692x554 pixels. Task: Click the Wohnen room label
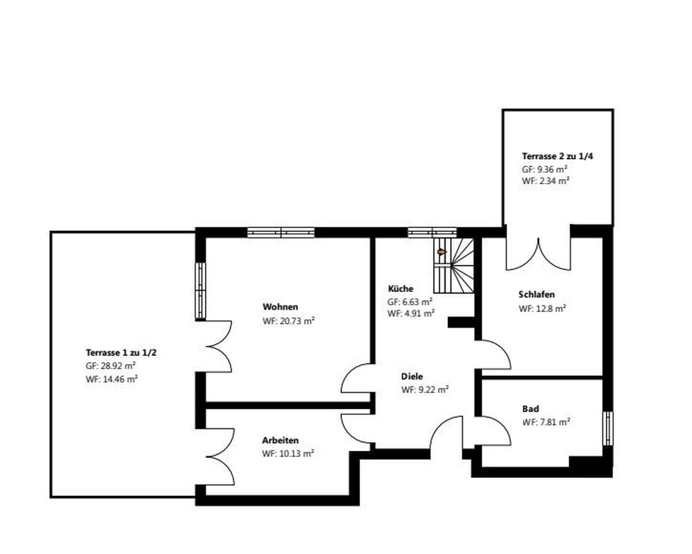click(280, 307)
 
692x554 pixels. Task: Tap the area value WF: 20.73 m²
click(288, 321)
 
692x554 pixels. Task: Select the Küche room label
click(400, 289)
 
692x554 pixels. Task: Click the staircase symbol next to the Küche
click(453, 265)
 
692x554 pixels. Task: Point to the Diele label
click(412, 377)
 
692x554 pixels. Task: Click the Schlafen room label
click(536, 295)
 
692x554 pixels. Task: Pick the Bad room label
click(530, 409)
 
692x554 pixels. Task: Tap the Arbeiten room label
click(280, 440)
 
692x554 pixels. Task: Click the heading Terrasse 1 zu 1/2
click(121, 353)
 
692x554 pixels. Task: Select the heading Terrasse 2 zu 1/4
click(557, 156)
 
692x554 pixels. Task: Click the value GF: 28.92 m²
click(110, 366)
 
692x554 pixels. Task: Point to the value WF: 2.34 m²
click(546, 181)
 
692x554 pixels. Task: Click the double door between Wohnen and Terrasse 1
click(218, 347)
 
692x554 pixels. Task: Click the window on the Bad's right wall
click(607, 428)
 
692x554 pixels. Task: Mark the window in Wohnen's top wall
click(281, 232)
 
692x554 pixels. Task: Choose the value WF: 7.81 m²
click(546, 422)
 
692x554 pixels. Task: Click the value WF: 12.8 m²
click(542, 309)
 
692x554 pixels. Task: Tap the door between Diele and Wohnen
click(356, 379)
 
